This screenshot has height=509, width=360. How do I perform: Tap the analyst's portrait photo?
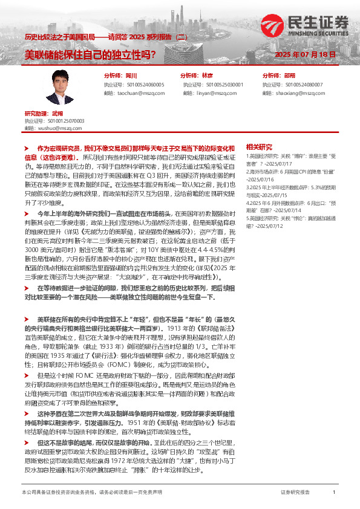61,88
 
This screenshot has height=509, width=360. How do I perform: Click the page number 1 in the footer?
334,493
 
